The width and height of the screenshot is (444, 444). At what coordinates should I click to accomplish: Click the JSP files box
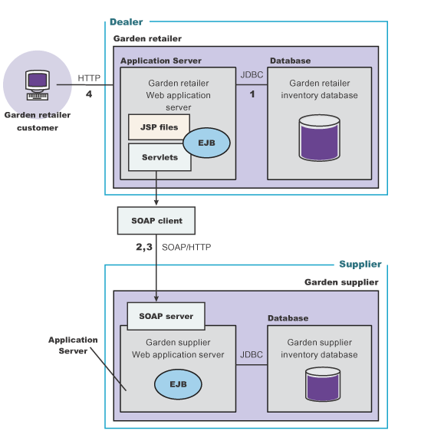click(x=159, y=127)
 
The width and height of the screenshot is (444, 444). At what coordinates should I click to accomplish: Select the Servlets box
click(x=160, y=157)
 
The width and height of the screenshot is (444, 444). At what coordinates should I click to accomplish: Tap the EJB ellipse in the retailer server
click(x=206, y=143)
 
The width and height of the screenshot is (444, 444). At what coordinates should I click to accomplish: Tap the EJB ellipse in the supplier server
click(x=178, y=384)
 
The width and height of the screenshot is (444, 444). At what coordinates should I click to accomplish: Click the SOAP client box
click(x=156, y=221)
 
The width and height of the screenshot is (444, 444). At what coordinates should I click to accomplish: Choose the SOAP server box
click(x=166, y=316)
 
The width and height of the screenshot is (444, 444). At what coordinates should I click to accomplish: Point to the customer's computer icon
click(x=38, y=85)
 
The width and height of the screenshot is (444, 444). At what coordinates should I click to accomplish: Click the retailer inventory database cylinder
click(x=320, y=138)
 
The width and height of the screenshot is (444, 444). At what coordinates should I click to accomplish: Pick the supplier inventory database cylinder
click(x=323, y=384)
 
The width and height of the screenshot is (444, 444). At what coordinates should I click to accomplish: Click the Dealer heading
click(x=127, y=21)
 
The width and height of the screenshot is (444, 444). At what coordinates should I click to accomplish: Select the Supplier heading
click(x=360, y=264)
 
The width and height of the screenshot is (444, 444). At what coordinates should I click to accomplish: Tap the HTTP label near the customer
click(x=89, y=78)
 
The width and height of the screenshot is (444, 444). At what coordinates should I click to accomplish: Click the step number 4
click(x=89, y=94)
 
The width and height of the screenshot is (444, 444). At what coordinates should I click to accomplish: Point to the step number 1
click(x=252, y=94)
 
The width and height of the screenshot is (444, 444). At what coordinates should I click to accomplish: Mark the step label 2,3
click(x=144, y=247)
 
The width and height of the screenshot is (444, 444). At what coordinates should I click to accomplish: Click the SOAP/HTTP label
click(x=186, y=247)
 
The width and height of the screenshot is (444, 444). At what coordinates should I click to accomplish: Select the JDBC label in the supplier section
click(x=252, y=354)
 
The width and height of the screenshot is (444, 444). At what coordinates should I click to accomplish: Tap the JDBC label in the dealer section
click(x=252, y=74)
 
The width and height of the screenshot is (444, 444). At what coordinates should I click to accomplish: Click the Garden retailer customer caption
click(x=38, y=121)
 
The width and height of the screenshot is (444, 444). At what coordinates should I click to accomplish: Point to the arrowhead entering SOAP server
click(x=156, y=299)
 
